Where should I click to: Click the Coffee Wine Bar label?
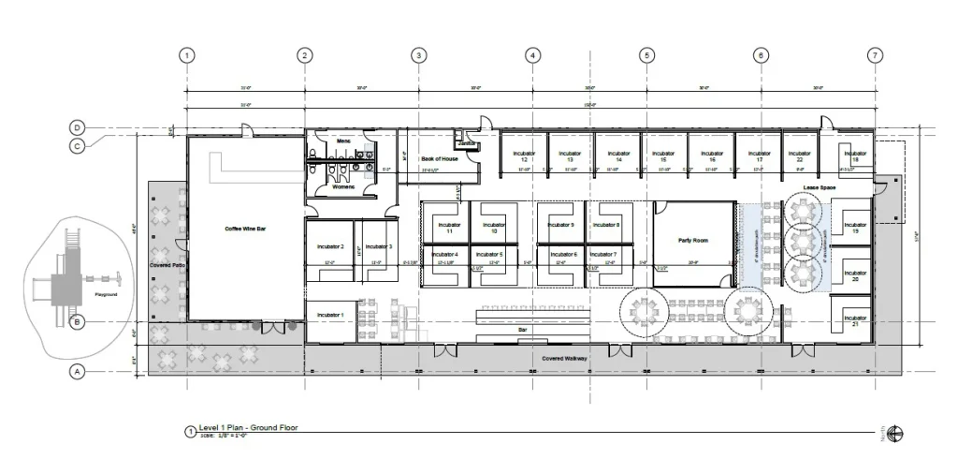[x=246, y=228]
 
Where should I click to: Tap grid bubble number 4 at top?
[x=532, y=55]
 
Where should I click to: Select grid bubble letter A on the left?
[x=79, y=372]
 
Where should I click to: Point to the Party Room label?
[x=692, y=241]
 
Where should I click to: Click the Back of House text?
[x=439, y=159]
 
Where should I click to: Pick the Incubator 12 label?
[x=524, y=155]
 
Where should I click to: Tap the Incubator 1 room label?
[x=329, y=315]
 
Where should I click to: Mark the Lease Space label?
[x=819, y=188]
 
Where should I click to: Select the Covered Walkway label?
[x=564, y=359]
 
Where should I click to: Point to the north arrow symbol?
[x=896, y=432]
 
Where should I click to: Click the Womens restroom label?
[x=343, y=187]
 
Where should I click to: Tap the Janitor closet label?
[x=467, y=143]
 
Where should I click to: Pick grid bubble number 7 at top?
[x=875, y=55]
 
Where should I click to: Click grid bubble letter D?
[x=79, y=128]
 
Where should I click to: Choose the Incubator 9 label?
[x=560, y=226]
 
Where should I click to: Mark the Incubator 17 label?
[x=760, y=155]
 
